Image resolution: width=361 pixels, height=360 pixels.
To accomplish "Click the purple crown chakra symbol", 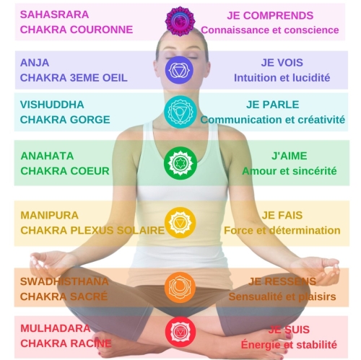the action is point(180,22).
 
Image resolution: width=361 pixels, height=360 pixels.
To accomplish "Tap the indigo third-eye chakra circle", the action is point(179,70).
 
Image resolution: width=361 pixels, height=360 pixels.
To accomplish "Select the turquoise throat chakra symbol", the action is point(180,112).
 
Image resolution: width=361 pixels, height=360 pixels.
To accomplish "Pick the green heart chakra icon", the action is point(180,163).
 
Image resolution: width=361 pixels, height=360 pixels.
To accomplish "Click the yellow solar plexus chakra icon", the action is point(180,223).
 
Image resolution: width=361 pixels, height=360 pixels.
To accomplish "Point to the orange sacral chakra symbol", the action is point(180,287).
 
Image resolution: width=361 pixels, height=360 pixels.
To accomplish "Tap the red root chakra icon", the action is point(180,332).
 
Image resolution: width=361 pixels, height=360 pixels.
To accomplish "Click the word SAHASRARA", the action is point(54,14).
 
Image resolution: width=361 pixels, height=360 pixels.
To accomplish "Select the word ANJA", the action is point(35,63).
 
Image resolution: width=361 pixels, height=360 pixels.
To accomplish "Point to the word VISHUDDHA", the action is point(52,105).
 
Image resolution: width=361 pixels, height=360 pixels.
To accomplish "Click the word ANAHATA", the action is point(47,156).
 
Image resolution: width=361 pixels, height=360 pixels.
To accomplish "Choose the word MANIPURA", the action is point(49,215).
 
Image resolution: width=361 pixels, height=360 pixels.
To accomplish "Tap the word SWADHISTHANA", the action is point(64,281).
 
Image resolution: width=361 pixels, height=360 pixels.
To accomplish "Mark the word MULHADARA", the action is point(56,328).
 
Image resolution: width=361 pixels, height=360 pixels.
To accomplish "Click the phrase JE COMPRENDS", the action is point(270,16).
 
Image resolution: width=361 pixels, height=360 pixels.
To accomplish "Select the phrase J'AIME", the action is point(290,156).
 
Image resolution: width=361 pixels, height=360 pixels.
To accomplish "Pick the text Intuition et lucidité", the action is point(282,78).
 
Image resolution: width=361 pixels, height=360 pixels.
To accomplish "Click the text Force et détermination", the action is point(282,230).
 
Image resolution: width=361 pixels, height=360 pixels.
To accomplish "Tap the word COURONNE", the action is point(101,30).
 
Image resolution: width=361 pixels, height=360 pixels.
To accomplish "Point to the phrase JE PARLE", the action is point(272,105).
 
